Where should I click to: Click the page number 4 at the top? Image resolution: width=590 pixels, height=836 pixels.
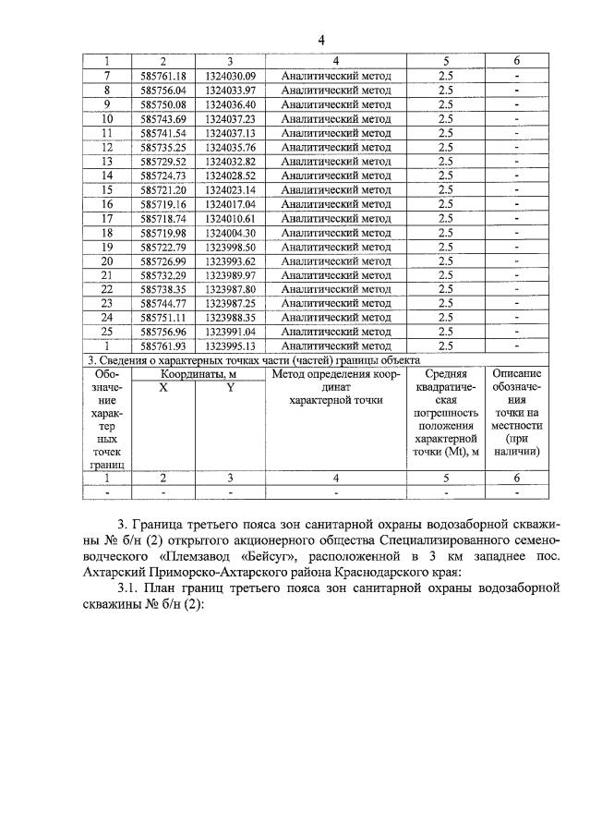tap(321, 40)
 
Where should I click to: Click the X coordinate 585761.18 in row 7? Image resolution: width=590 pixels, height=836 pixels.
tap(163, 76)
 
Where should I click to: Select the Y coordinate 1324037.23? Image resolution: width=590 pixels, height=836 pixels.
tap(230, 118)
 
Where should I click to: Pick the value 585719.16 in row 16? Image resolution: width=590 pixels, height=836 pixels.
tap(163, 203)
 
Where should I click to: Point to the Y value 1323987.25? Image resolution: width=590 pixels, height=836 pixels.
tap(230, 303)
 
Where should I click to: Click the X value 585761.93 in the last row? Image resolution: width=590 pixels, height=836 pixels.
tap(163, 345)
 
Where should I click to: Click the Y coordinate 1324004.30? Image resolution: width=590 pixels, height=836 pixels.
tap(230, 232)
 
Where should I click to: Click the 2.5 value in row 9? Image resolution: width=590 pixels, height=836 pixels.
tap(446, 104)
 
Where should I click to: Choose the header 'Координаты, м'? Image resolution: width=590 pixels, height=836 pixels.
tap(196, 374)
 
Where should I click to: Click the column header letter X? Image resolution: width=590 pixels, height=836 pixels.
tap(163, 389)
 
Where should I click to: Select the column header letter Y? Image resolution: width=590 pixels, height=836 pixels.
tap(230, 389)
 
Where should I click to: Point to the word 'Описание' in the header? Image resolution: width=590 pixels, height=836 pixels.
tap(517, 374)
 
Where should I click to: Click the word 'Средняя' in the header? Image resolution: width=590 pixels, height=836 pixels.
tap(447, 374)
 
